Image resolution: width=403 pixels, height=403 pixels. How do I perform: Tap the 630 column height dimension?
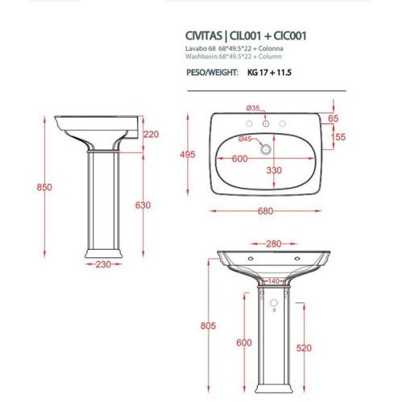(x=143, y=206)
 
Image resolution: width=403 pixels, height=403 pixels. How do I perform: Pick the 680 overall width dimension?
(x=266, y=212)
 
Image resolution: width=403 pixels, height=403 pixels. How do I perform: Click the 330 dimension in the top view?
(x=274, y=170)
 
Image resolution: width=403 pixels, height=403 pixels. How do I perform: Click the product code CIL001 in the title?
(x=247, y=35)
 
